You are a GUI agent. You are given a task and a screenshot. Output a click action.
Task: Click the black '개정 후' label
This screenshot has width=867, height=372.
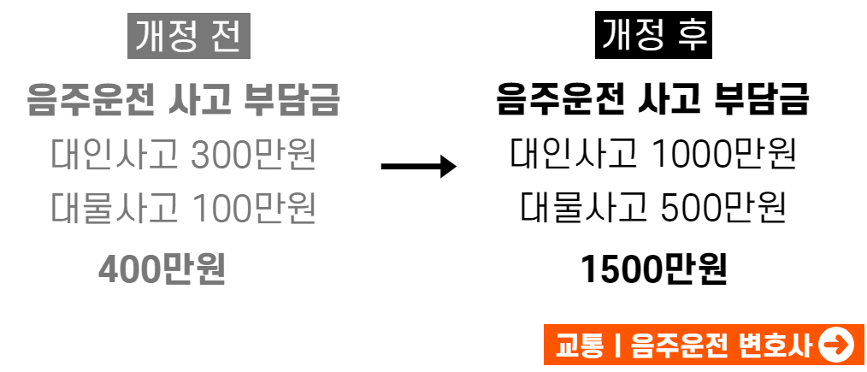pyautogui.click(x=654, y=36)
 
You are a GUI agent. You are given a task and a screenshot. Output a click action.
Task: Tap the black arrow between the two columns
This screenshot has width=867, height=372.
pyautogui.click(x=418, y=166)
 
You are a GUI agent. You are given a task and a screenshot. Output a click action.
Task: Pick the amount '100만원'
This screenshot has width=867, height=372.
pyautogui.click(x=254, y=209)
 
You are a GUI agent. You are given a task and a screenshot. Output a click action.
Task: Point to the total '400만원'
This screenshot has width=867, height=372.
pyautogui.click(x=162, y=269)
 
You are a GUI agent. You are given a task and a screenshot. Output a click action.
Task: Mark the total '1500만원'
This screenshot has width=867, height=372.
pyautogui.click(x=654, y=269)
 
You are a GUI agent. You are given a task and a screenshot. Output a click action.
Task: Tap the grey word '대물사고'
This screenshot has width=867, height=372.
pyautogui.click(x=103, y=209)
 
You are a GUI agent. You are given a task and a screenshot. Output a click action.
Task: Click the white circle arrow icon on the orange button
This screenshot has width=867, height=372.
pyautogui.click(x=836, y=345)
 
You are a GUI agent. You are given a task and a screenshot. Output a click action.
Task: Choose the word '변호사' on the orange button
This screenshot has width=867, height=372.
pyautogui.click(x=774, y=345)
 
